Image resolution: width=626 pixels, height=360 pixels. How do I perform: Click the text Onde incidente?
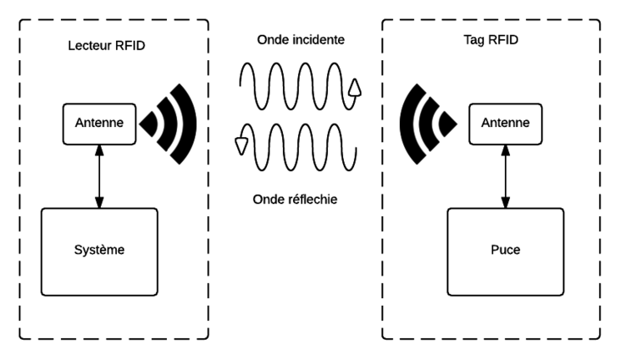click(300, 39)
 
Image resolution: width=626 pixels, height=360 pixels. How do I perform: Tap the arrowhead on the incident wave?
click(354, 89)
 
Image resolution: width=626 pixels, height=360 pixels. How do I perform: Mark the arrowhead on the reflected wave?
click(243, 145)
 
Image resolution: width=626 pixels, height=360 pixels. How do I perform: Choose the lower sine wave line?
click(300, 146)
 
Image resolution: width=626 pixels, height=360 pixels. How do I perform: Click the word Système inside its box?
click(99, 250)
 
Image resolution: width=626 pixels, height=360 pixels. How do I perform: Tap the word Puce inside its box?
click(504, 250)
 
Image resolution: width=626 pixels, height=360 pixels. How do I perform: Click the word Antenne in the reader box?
click(99, 124)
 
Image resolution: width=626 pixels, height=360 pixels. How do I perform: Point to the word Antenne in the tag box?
click(504, 124)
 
